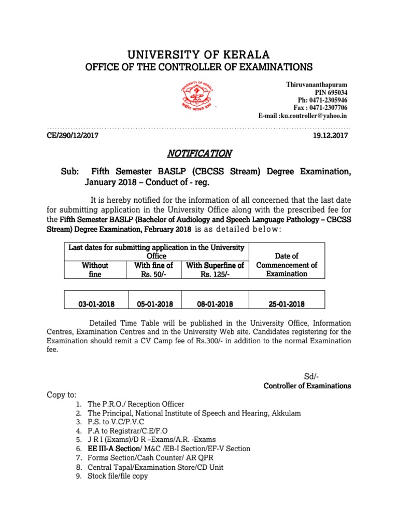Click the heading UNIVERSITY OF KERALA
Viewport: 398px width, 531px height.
coord(198,55)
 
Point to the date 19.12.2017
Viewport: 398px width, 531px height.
coord(331,135)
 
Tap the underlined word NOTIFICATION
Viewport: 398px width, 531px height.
coord(200,153)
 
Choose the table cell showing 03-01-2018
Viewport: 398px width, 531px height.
coord(96,304)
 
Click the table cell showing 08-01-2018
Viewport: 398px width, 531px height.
coord(215,304)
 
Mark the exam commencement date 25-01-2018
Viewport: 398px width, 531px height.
coord(287,304)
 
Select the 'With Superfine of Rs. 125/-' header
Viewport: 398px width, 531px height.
coord(215,270)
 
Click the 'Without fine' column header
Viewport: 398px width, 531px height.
coord(95,270)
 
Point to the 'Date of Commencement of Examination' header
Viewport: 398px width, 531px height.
coord(287,265)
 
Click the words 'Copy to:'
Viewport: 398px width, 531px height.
coord(62,395)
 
